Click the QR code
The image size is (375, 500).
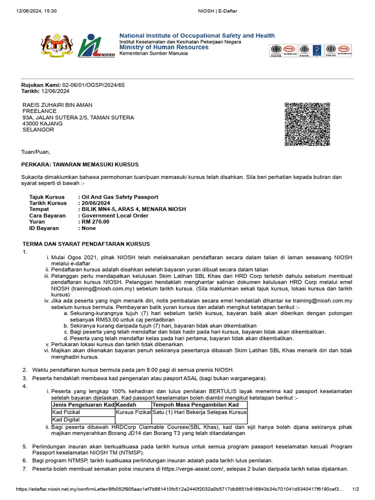(x=307, y=124)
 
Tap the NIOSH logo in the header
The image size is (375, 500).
(x=96, y=46)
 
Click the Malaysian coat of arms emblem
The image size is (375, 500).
(x=55, y=46)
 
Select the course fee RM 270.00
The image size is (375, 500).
(x=96, y=222)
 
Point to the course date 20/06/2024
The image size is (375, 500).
(x=97, y=203)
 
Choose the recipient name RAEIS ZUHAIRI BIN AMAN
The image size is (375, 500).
(x=58, y=105)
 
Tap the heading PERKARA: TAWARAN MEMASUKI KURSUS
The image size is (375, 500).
(x=80, y=164)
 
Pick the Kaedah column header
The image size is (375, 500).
(x=126, y=405)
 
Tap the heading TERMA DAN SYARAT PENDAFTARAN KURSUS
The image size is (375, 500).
(x=86, y=244)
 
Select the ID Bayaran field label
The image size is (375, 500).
(x=44, y=228)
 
